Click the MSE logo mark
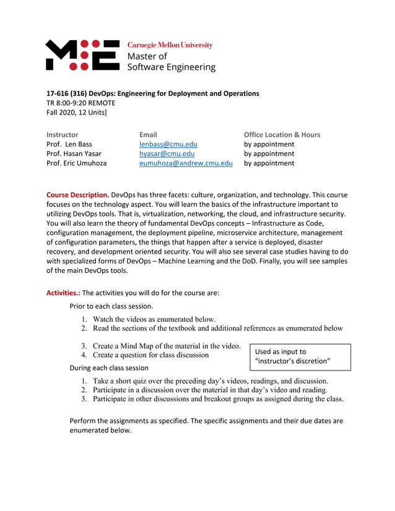82,54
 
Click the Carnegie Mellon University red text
170,45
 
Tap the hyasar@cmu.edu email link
167,153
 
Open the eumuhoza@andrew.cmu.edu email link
186,163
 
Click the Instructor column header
63,134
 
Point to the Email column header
148,134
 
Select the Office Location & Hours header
282,134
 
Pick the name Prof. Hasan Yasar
74,153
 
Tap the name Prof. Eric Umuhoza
77,163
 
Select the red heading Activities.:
63,293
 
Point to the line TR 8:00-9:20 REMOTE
81,103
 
